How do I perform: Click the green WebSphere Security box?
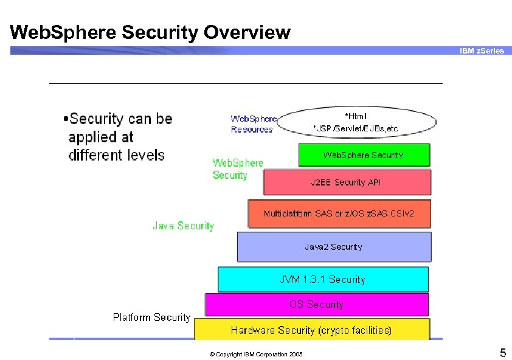[364, 155]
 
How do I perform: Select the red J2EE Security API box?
[347, 182]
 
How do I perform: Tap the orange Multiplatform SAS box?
[339, 214]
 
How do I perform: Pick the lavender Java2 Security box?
[334, 247]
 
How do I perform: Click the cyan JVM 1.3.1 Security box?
[322, 280]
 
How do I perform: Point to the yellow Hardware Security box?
[311, 330]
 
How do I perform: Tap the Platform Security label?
[151, 317]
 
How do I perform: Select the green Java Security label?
[183, 226]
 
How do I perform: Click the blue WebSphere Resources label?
[253, 124]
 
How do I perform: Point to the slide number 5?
[502, 353]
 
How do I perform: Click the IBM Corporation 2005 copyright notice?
[255, 354]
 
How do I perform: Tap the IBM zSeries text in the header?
[482, 51]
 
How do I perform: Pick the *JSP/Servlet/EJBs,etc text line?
[355, 128]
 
